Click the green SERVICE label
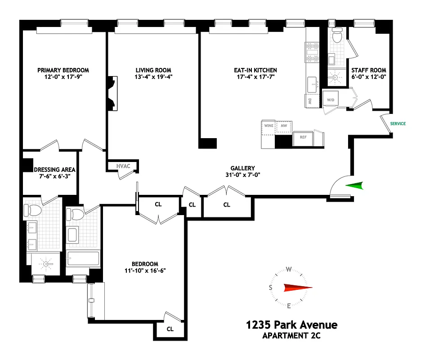tap(398, 124)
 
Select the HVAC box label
tap(123, 166)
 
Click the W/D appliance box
tap(331, 99)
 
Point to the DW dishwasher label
tap(310, 102)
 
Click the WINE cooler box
tap(269, 126)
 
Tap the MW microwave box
tap(284, 126)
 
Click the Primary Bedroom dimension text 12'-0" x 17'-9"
tap(63, 77)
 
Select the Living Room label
tap(153, 70)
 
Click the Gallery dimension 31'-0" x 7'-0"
tap(243, 175)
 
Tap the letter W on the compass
tap(290, 270)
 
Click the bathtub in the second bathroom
tap(83, 259)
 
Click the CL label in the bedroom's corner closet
tap(170, 329)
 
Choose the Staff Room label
tap(369, 70)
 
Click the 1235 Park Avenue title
tap(291, 325)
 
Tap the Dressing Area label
tap(54, 170)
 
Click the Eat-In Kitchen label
tap(255, 70)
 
